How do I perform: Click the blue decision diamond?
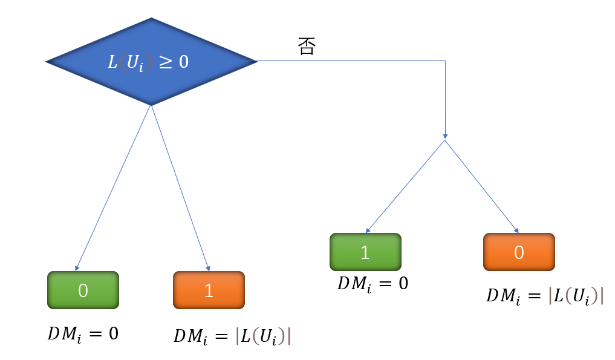[x=151, y=61]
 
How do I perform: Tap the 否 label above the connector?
[x=307, y=47]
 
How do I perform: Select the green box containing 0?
[x=83, y=290]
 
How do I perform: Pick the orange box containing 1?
[x=209, y=290]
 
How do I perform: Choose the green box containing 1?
[x=365, y=252]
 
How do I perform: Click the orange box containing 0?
[x=519, y=252]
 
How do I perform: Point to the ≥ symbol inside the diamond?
[x=166, y=62]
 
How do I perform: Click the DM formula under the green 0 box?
[x=83, y=333]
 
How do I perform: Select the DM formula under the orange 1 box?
[x=232, y=336]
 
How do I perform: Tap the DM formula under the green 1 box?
[x=373, y=283]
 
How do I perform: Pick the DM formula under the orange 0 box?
[x=545, y=296]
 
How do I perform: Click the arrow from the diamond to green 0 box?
[x=112, y=188]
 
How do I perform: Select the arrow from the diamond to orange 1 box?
[x=180, y=188]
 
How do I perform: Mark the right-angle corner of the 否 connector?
[x=446, y=61]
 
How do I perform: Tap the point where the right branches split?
[x=445, y=140]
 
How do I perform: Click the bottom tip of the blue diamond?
[x=151, y=105]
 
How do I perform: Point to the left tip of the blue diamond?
[x=47, y=61]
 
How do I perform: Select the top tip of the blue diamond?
[x=151, y=18]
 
